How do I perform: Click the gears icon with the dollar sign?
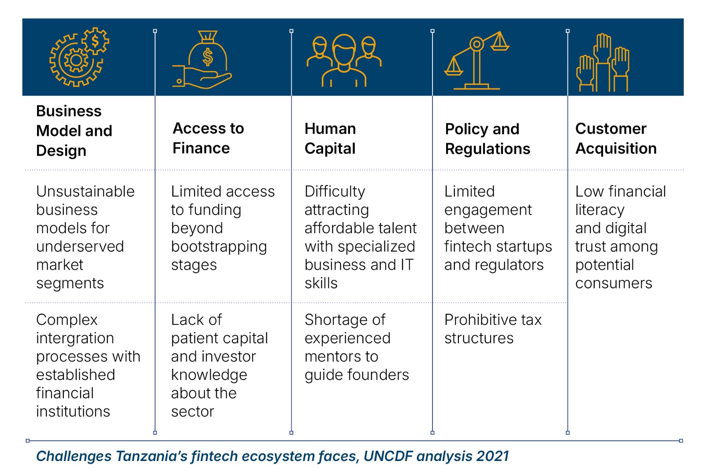tap(79, 57)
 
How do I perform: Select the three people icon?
tap(344, 60)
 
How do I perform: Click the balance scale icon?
tap(477, 60)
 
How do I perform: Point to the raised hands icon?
tap(603, 63)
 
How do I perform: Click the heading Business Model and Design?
tap(74, 130)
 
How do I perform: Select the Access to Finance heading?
tap(208, 138)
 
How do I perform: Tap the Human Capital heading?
tap(330, 138)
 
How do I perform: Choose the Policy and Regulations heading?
tap(488, 139)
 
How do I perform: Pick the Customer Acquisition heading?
tap(616, 138)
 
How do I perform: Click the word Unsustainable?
tap(86, 192)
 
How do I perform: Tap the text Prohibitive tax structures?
tap(493, 329)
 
